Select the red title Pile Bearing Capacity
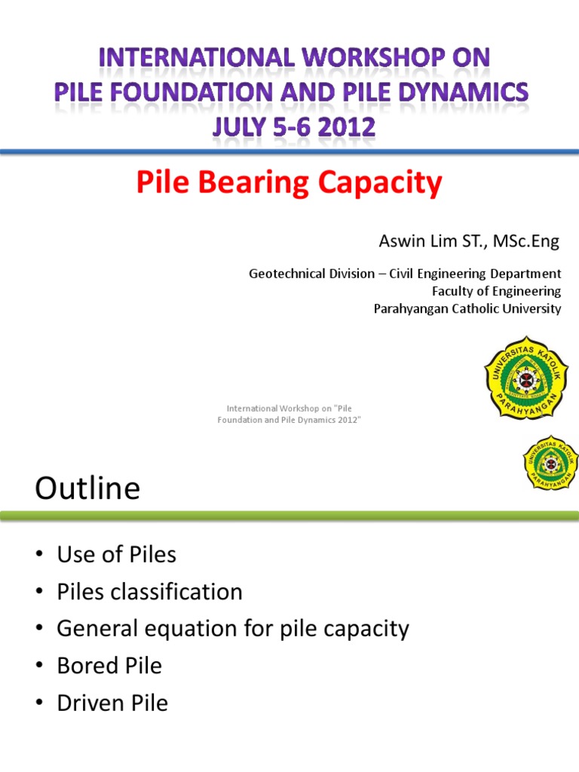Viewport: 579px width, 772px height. (289, 183)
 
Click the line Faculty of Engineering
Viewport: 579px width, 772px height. (495, 291)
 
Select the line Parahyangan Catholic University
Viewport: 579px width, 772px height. (467, 308)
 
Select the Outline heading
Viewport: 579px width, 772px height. (87, 489)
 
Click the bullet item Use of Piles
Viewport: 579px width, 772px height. (116, 555)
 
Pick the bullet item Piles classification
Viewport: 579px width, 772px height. (149, 592)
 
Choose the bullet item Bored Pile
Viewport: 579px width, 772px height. (109, 666)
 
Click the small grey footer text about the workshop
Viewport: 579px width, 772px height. (289, 413)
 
